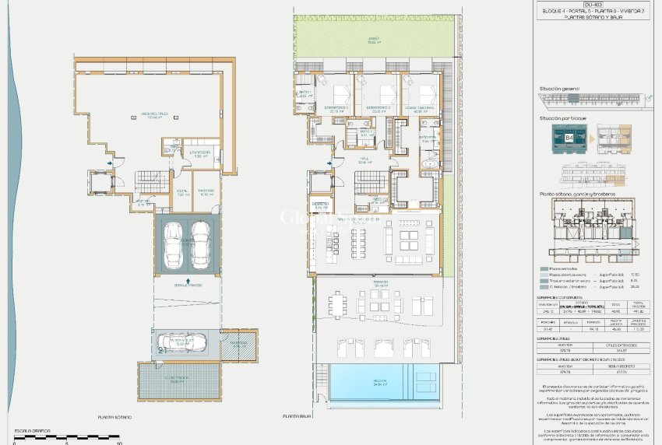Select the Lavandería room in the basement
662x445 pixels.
coord(201,154)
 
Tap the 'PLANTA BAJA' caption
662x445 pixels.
coord(298,416)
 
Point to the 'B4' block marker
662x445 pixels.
coord(569,138)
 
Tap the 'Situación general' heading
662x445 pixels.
coord(558,89)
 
